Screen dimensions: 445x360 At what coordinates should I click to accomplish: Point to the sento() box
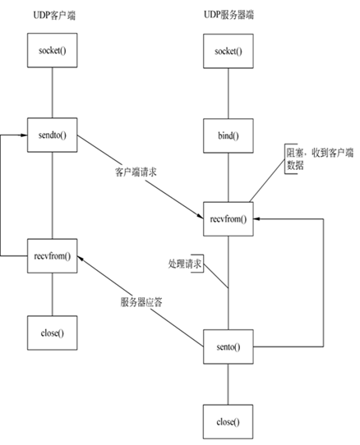click(228, 347)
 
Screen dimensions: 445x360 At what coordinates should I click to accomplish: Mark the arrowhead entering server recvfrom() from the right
click(256, 219)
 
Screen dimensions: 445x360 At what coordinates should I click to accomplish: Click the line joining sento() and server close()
click(228, 383)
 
